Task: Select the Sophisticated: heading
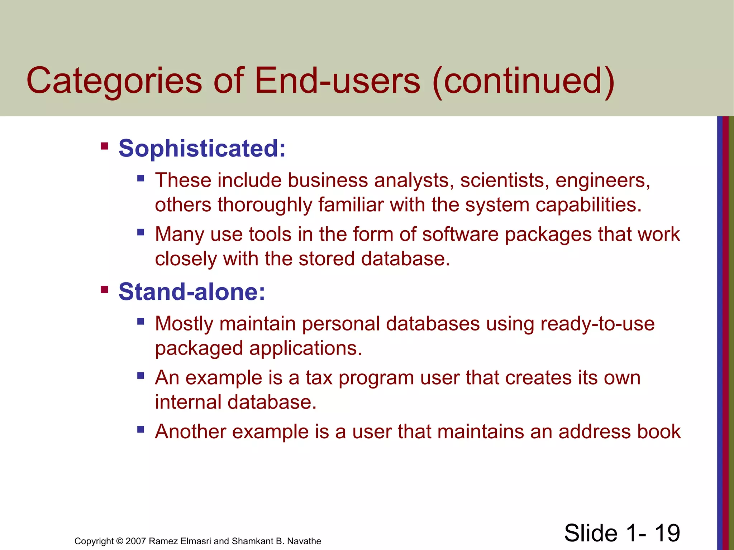(x=202, y=148)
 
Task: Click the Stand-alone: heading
(x=192, y=291)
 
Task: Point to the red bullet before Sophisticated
(x=104, y=146)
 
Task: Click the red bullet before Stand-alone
(x=104, y=289)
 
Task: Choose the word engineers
(x=602, y=180)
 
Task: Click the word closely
(x=186, y=259)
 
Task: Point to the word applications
(x=306, y=348)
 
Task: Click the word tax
(x=319, y=378)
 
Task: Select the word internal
(x=188, y=402)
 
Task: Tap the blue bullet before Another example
(x=140, y=429)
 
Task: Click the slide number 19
(x=667, y=533)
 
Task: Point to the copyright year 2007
(x=136, y=541)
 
